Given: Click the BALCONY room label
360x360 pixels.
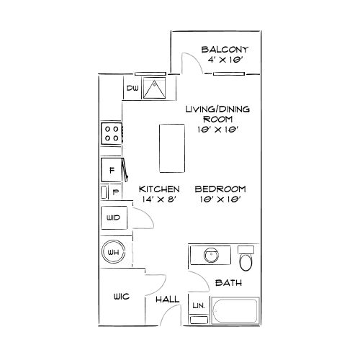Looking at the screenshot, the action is click(225, 50).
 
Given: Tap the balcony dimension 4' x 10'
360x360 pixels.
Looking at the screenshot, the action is click(224, 60).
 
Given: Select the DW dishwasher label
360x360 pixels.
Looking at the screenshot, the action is click(132, 88).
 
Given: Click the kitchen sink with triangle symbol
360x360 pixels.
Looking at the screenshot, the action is click(154, 88).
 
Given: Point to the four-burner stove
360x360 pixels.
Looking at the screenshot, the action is click(112, 133).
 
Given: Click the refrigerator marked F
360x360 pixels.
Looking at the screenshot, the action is click(112, 170).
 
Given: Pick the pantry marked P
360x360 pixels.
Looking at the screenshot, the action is click(115, 192).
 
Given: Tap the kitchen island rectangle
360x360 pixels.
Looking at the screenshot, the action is click(172, 148).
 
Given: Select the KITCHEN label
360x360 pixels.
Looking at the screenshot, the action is click(159, 189).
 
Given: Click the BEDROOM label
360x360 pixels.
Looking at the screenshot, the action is click(220, 189).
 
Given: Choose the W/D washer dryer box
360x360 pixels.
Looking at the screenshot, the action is click(114, 217).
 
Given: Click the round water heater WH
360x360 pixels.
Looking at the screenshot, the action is click(113, 252).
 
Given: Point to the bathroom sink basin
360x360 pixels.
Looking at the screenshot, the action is click(211, 255).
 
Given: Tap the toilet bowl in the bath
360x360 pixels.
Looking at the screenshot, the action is click(246, 262).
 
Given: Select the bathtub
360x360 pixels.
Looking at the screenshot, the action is click(235, 310).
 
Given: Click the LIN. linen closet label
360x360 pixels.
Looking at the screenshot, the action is click(199, 305).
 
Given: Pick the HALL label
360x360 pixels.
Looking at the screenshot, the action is click(168, 300).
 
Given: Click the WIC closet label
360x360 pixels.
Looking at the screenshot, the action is click(122, 297).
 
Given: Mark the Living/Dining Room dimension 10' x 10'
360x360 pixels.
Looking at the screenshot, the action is click(218, 130).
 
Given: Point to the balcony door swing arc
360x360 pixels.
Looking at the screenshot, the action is click(197, 59).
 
